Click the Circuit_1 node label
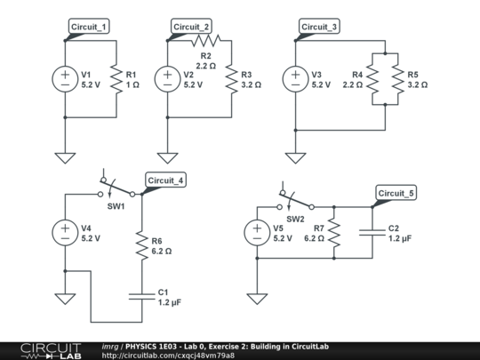[89, 27]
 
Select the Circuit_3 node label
[319, 27]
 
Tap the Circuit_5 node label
[395, 193]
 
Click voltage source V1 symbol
[66, 79]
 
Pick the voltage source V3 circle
[295, 79]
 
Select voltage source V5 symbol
[257, 233]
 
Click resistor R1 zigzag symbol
[116, 79]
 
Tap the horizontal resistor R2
[205, 40]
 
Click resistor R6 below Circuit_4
[141, 245]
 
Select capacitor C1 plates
[141, 296]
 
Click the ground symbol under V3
[295, 157]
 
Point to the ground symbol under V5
[257, 298]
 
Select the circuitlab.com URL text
[168, 356]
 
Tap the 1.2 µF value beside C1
[170, 303]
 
